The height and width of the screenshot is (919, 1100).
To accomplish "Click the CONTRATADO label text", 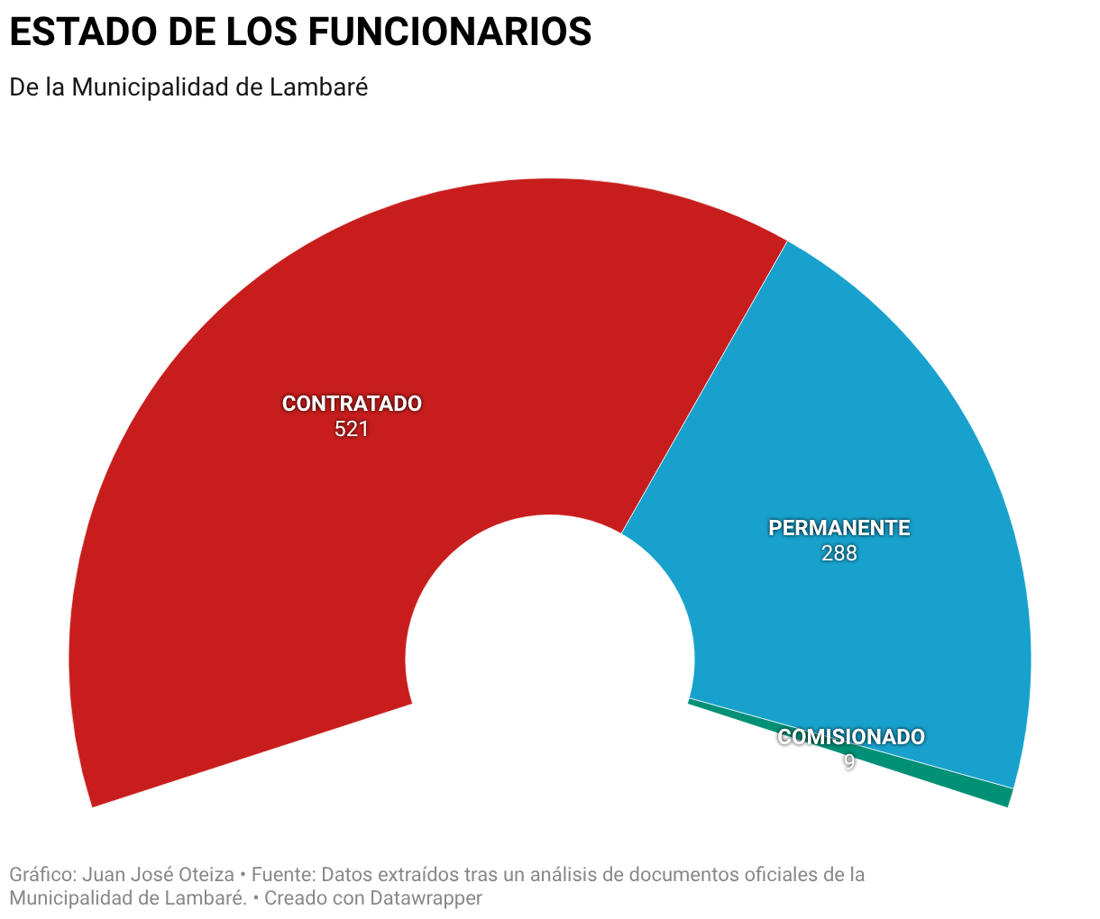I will pos(352,404).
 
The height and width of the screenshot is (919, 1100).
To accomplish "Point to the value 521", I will pos(352,429).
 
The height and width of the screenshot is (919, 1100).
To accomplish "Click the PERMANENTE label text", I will pos(839,528).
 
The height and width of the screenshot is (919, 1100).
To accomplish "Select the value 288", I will pos(839,553).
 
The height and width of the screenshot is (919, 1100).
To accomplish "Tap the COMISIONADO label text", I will pos(851,737).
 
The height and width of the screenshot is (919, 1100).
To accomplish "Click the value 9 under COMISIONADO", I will pos(849,761).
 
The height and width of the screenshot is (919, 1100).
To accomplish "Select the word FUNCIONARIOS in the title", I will pos(450,32).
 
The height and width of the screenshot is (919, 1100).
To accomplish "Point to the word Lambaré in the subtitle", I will pos(318,87).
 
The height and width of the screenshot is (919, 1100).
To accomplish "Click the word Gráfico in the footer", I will pos(41,875).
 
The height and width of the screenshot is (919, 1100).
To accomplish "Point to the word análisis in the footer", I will pos(566,875).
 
